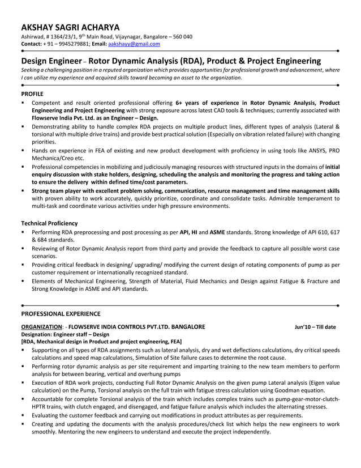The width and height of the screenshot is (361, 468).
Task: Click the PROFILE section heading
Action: point(32,92)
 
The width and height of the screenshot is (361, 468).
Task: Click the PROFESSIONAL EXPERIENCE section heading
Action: point(61,313)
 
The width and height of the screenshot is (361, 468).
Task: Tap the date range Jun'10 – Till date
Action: point(315,327)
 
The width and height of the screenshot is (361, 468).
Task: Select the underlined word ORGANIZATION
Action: point(41,327)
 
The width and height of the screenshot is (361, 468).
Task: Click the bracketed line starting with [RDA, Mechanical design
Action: point(101,342)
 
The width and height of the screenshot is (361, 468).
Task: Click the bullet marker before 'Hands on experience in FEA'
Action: point(23,151)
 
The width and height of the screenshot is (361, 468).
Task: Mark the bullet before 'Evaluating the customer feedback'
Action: point(23,415)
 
